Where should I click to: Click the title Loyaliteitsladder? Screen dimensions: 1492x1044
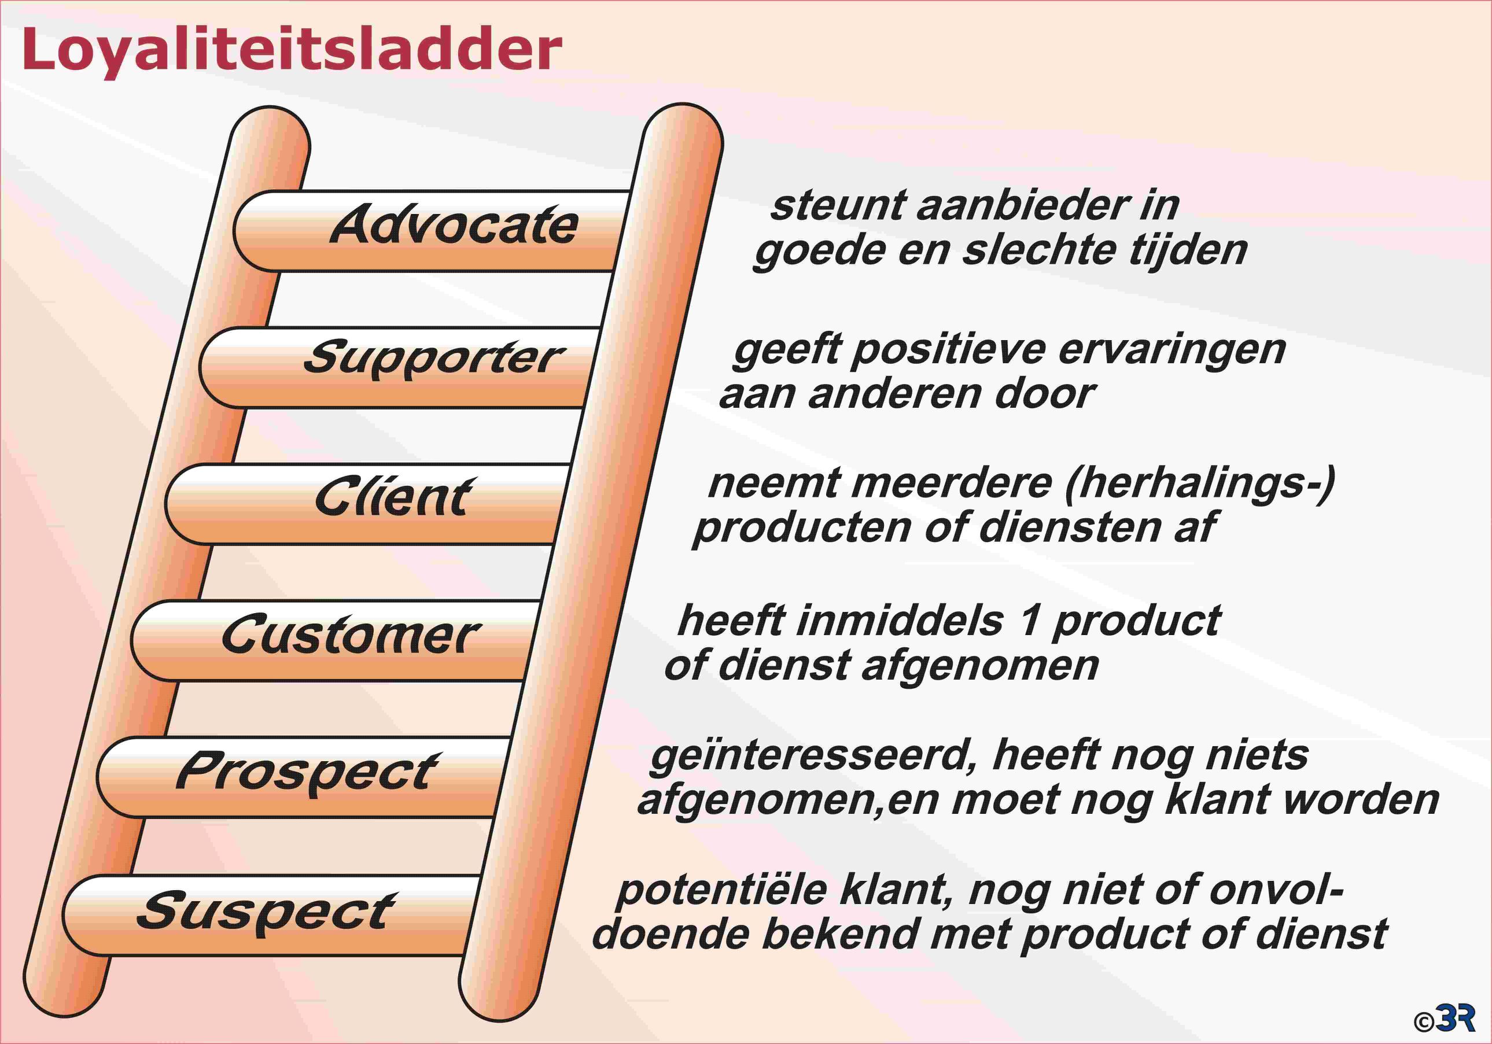pos(292,51)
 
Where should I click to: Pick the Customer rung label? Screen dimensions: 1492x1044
pos(351,634)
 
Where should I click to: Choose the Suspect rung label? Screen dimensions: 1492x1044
pos(266,912)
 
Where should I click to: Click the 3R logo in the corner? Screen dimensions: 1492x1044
pos(1454,1017)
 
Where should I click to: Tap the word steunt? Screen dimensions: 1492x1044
pos(838,206)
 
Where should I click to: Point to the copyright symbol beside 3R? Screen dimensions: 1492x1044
pos(1424,1023)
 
